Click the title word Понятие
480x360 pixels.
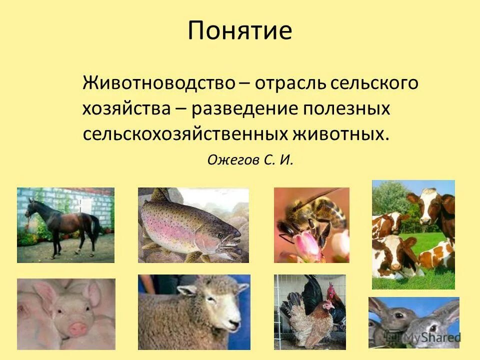(240, 31)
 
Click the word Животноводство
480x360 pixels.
(158, 83)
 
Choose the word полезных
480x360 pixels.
(350, 109)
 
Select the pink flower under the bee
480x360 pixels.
(305, 245)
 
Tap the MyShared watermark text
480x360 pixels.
(432, 338)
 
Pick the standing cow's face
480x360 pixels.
(429, 207)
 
